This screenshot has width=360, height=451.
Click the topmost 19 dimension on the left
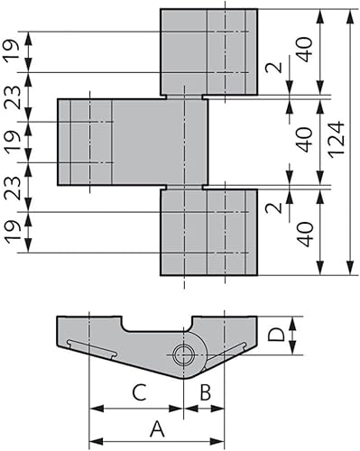click(x=11, y=52)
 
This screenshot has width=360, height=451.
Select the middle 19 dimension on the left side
click(x=11, y=142)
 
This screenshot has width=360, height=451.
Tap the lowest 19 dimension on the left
click(x=11, y=232)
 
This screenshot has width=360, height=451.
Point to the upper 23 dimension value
click(x=11, y=97)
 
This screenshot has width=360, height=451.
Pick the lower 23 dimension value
click(x=11, y=187)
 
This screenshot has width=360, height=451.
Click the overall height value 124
click(x=335, y=142)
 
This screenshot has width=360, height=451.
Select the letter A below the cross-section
click(x=156, y=428)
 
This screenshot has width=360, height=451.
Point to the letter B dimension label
click(x=205, y=392)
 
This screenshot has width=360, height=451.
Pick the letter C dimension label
click(x=137, y=392)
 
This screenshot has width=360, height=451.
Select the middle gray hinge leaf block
click(x=133, y=142)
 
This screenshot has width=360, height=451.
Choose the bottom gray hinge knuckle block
click(x=208, y=232)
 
